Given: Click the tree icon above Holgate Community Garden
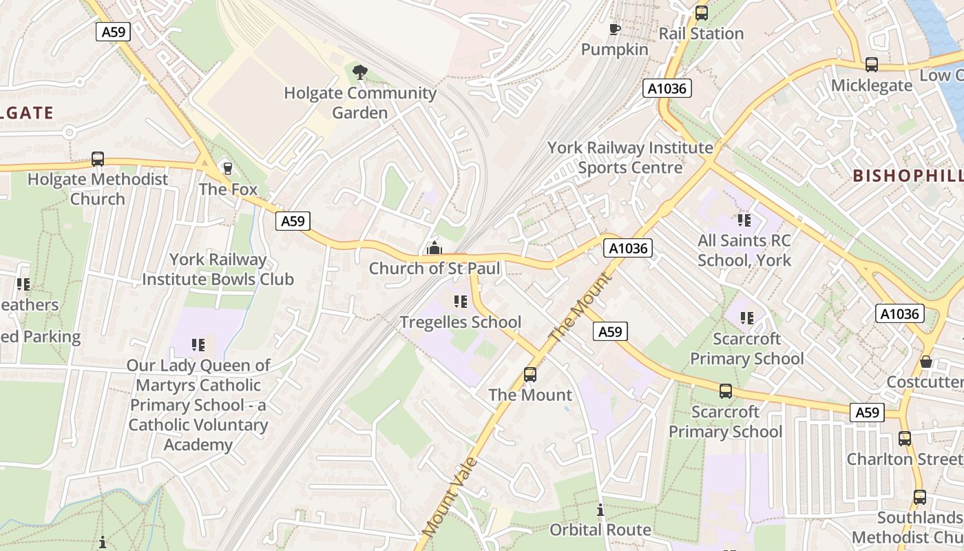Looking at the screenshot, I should point(359,72).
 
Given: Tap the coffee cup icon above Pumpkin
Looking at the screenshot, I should point(615,29).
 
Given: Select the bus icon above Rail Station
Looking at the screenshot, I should point(702,12).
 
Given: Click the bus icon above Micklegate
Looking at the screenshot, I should point(872,65).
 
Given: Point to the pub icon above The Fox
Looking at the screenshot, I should point(228,168).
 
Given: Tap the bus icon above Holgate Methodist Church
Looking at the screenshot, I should point(98,159).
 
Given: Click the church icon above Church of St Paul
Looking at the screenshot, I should point(434,248).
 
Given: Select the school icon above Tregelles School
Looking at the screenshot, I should point(461,302).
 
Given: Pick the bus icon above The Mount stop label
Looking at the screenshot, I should point(530,375).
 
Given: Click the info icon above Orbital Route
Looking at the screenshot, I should point(600,510).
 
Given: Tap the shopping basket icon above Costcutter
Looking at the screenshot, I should point(927,362).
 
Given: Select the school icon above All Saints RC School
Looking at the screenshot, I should point(744,220).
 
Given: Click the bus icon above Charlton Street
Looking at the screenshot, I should point(905,439).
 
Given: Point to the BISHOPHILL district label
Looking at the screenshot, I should point(908,176).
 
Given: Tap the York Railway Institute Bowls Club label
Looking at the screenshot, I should point(218,269).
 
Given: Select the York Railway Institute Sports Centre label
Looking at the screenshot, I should point(630,157).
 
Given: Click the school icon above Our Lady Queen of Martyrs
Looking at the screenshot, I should point(199,345).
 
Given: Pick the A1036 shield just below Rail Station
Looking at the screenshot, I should point(667,88).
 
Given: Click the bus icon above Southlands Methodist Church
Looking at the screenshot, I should point(920,497).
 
